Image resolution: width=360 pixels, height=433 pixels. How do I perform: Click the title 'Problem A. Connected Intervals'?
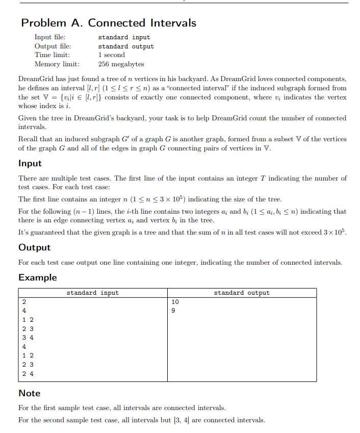pos(109,23)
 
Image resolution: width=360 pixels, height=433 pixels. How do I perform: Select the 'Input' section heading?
pos(30,164)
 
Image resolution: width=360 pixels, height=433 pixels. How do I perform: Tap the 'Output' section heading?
pos(35,247)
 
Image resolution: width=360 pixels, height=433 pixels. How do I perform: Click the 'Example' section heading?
pos(38,277)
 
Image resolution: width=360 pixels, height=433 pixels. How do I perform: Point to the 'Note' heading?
pos(30,393)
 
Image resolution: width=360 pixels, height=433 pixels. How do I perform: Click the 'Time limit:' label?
pos(52,55)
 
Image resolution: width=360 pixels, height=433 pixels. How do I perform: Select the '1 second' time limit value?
pos(111,55)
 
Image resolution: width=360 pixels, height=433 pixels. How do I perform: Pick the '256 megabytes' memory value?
pos(121,64)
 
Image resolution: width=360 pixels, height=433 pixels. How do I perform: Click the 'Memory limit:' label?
pos(57,64)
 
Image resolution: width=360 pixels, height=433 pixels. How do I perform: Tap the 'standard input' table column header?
pos(92,293)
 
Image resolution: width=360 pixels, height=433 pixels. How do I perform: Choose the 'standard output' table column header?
pos(242,293)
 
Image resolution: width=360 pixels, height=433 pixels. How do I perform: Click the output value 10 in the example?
pos(175,302)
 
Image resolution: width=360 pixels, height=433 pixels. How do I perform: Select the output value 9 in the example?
pos(173,311)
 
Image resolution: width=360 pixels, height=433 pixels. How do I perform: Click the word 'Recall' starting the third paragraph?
pos(28,139)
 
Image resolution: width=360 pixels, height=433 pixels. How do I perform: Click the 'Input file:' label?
pos(49,37)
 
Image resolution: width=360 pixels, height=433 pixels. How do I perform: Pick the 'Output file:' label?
pos(53,46)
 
